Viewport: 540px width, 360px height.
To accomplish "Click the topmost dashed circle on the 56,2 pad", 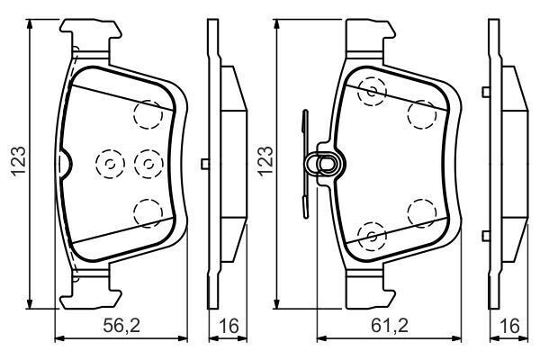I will coord(147,113).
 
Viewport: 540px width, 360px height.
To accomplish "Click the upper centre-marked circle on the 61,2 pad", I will coord(371,90).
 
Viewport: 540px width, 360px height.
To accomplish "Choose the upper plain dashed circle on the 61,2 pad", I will coord(421,113).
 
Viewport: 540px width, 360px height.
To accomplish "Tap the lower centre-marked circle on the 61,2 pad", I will coord(371,235).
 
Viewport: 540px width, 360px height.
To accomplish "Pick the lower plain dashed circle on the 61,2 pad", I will coord(421,212).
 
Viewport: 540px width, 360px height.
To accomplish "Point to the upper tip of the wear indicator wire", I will coord(304,112).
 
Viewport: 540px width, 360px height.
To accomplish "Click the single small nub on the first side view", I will coord(206,163).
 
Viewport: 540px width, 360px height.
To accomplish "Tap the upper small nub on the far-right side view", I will coord(484,90).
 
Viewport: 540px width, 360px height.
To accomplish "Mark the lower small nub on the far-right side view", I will coord(484,235).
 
